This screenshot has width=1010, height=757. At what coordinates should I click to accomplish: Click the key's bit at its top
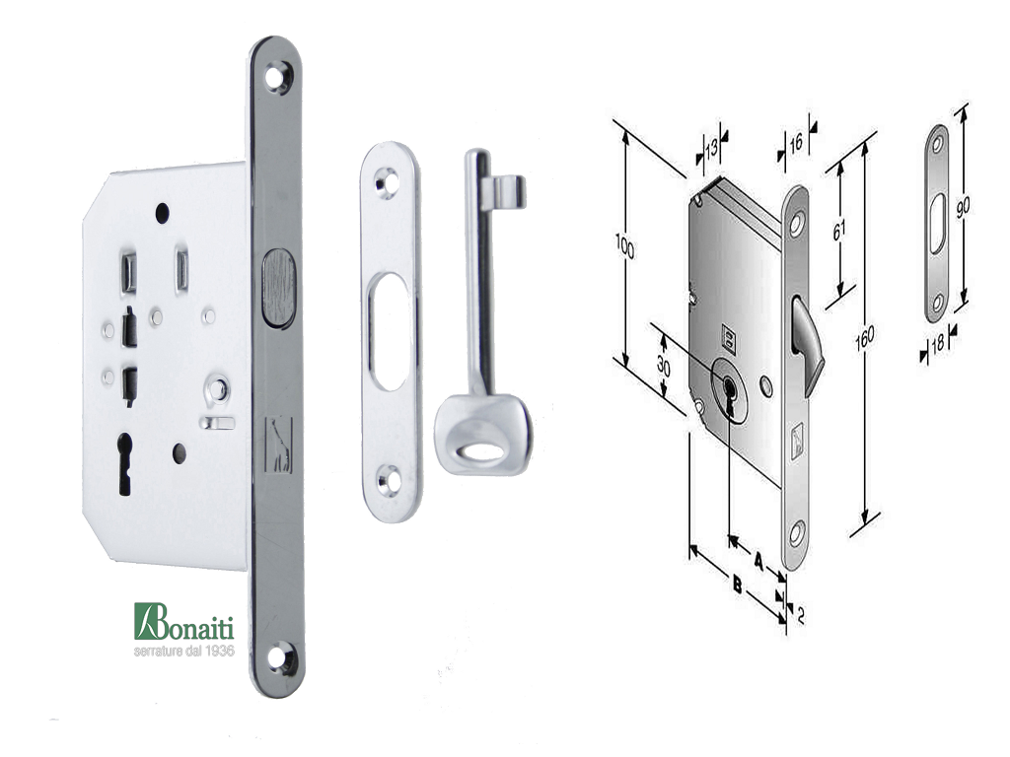click(504, 191)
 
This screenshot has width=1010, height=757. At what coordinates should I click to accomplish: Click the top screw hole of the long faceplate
click(277, 75)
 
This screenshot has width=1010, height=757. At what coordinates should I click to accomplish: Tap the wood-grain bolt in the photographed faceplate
click(278, 287)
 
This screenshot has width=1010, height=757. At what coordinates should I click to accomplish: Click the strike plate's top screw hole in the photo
click(387, 181)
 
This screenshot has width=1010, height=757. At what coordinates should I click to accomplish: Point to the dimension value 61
click(838, 229)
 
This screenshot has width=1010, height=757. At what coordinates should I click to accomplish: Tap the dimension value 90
click(963, 206)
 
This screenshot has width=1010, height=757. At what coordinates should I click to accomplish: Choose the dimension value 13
click(711, 150)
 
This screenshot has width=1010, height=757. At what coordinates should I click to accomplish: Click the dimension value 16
click(796, 142)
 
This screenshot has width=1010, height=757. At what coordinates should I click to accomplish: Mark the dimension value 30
click(664, 367)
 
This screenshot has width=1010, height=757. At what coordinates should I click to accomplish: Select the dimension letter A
click(758, 561)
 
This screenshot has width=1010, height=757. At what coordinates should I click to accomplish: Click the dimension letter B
click(738, 585)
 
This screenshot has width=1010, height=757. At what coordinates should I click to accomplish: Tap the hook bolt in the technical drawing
click(809, 341)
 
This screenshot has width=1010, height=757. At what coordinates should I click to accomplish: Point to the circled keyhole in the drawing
click(729, 390)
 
